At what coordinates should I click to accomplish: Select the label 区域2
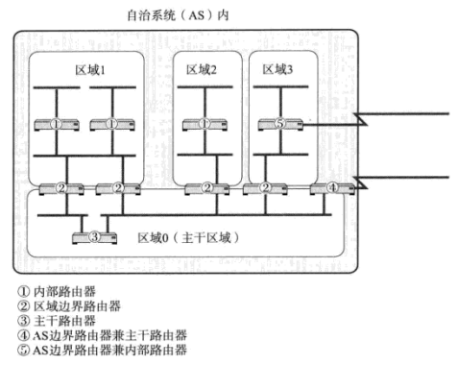202,70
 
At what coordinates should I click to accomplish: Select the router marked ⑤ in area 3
279,123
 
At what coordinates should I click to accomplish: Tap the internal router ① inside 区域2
204,123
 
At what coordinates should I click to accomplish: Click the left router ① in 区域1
56,123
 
